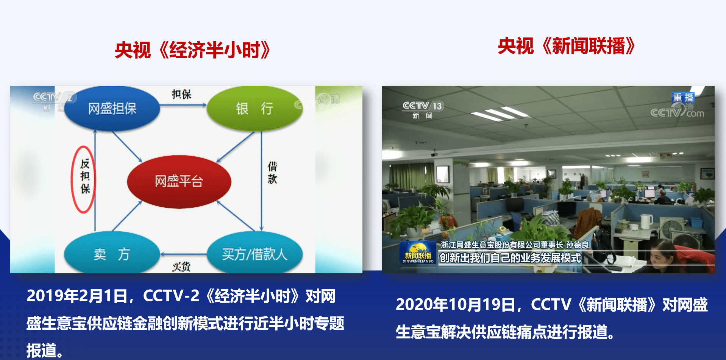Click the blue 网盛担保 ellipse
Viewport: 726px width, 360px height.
(x=112, y=109)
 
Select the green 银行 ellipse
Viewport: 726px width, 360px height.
(x=254, y=109)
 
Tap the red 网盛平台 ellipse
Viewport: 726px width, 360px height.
(x=179, y=181)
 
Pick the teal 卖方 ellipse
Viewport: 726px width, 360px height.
(x=112, y=253)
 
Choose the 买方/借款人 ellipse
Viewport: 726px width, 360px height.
(x=254, y=253)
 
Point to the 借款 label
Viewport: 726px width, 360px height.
(x=272, y=173)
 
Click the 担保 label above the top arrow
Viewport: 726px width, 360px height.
(x=182, y=94)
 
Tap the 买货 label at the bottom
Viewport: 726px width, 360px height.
(x=181, y=267)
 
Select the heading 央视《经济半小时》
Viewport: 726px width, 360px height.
(x=192, y=50)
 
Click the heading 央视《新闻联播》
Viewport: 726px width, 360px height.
(x=567, y=46)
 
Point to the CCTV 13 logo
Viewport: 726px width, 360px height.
(x=423, y=109)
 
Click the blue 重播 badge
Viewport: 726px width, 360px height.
(x=684, y=97)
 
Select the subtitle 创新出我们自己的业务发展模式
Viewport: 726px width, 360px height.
(x=510, y=258)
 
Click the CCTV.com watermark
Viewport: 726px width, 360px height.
(x=677, y=111)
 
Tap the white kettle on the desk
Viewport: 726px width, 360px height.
(x=646, y=221)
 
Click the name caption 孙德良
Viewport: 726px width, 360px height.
(x=578, y=245)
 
